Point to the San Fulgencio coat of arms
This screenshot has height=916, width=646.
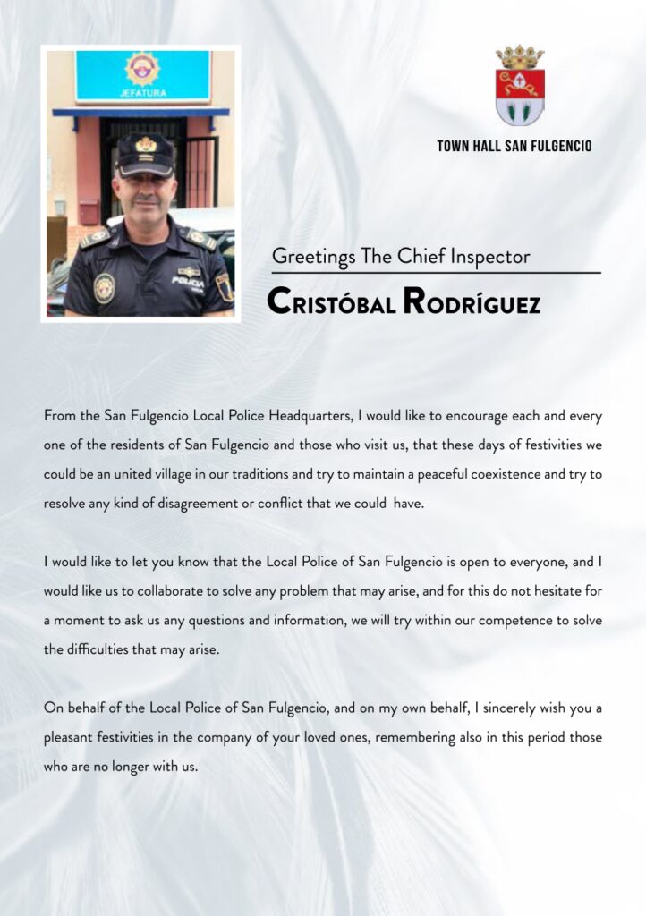pos(520,86)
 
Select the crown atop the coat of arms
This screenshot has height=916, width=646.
pos(520,56)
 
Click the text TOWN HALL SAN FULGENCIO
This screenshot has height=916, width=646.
pos(514,146)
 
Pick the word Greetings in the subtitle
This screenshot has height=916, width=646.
pos(313,258)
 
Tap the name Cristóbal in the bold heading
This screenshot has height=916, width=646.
pos(332,302)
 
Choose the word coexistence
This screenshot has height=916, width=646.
pos(508,474)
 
